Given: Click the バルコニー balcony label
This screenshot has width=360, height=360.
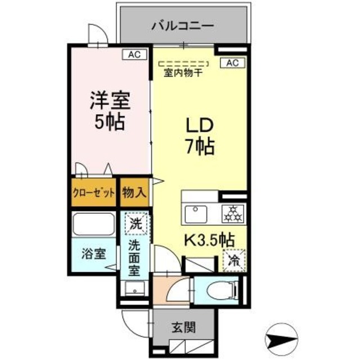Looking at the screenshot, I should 182,25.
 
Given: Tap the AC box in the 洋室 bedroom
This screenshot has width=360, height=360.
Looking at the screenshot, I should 134,55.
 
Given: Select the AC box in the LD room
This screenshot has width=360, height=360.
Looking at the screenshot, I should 232,62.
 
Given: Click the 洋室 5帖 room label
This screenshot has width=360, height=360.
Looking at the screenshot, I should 110,110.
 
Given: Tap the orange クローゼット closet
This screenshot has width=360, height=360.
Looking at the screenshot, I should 93,192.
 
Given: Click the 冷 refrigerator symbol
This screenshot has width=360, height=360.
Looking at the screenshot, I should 233,260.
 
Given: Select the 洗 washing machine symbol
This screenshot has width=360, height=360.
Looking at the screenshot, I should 135,223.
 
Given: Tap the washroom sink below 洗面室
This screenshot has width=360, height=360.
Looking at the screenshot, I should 134,288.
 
